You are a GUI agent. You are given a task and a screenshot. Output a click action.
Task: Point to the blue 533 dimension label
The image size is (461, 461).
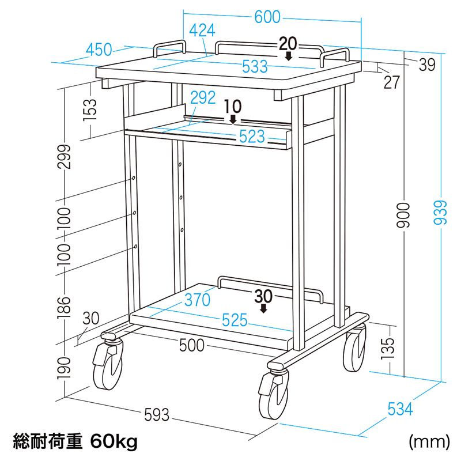[x=255, y=66]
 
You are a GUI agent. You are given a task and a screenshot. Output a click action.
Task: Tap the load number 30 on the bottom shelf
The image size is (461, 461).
[x=263, y=295]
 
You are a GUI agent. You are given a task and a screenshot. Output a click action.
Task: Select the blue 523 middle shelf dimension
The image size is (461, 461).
[x=252, y=137]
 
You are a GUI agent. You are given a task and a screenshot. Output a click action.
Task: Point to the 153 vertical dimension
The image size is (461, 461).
[x=90, y=107]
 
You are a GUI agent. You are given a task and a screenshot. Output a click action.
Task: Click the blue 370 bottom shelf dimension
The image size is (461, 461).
[x=197, y=300]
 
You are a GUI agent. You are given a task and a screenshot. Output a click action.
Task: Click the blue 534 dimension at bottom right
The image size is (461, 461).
[x=400, y=410]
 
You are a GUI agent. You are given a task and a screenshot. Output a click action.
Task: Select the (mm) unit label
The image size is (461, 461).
[x=429, y=442]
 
